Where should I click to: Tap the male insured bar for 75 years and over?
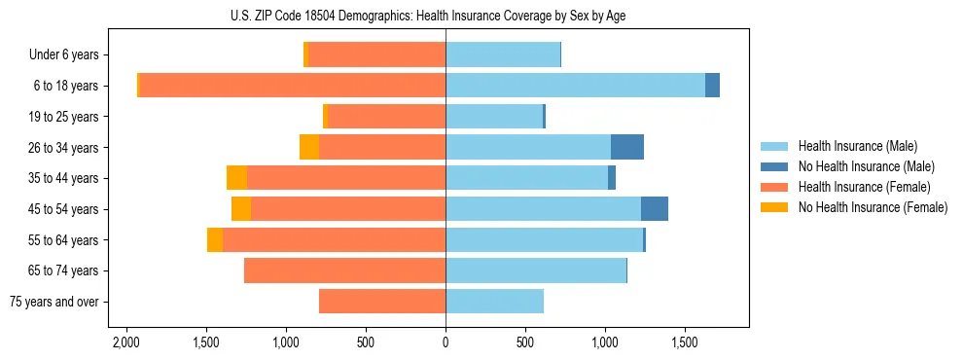[494, 302]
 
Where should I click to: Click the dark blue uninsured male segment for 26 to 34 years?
[626, 147]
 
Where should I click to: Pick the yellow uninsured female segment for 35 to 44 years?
[236, 178]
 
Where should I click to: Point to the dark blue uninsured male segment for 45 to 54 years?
[654, 209]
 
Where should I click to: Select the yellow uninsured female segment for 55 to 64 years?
[215, 240]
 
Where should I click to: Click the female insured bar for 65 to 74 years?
[344, 270]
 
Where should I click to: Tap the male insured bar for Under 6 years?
[503, 54]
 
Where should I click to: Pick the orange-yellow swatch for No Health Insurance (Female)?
[775, 207]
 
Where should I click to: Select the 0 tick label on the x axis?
[446, 343]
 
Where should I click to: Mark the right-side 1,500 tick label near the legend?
[685, 343]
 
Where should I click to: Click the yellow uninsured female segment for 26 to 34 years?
[309, 147]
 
